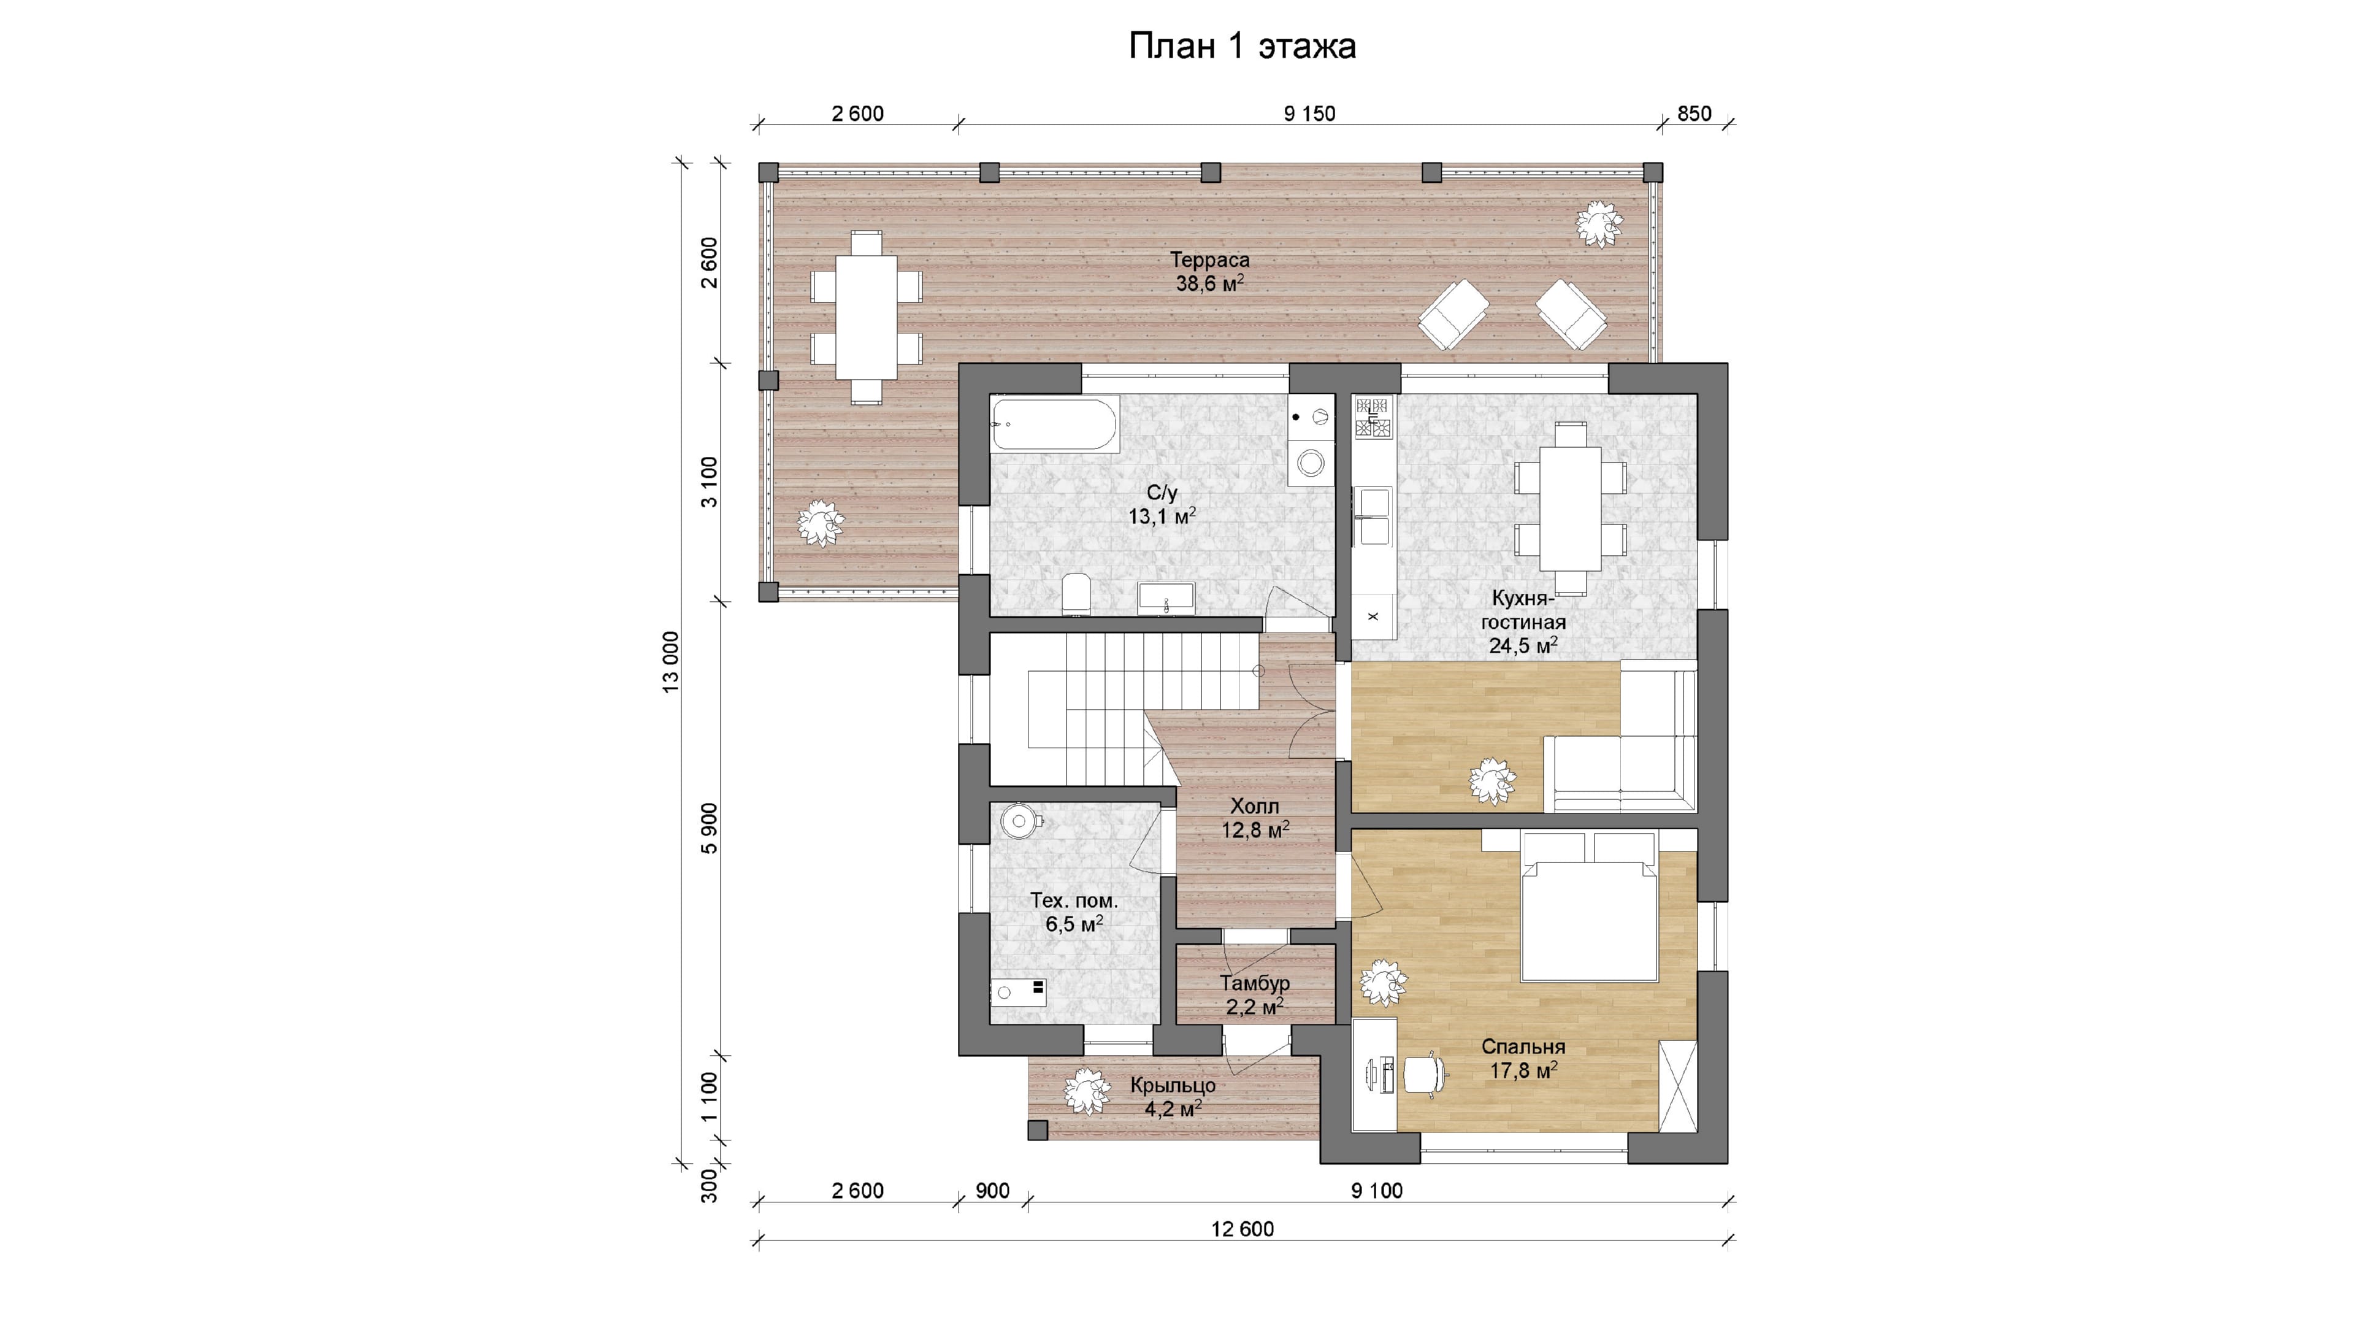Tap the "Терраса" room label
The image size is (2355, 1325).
pos(1209,259)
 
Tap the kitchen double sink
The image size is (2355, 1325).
pos(1373,517)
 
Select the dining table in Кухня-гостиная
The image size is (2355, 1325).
pos(1571,507)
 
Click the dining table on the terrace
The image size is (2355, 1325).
pos(866,317)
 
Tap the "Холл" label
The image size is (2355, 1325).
pos(1254,807)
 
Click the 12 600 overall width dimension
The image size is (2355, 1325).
pos(1243,1229)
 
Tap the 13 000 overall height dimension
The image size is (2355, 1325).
pos(671,662)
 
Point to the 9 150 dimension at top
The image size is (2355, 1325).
pos(1309,113)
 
